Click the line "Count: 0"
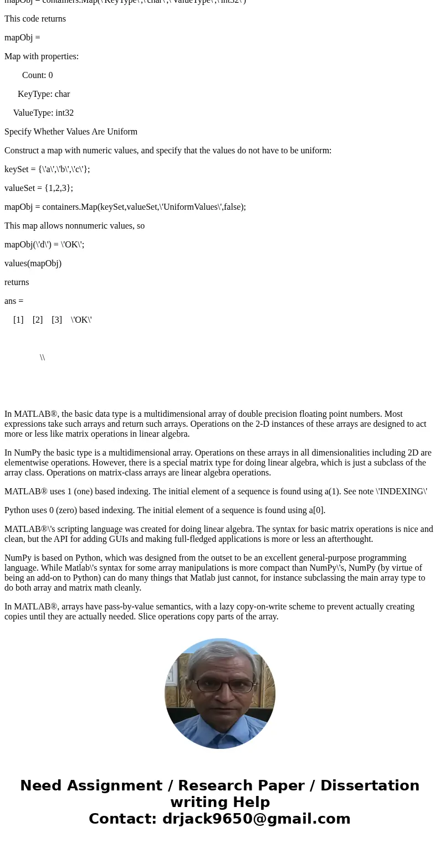point(37,75)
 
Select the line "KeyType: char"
point(43,94)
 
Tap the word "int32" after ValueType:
point(64,113)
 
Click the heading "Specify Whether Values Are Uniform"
point(71,132)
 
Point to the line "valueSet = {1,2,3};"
point(39,188)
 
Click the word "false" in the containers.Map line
point(232,207)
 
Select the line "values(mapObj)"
point(33,263)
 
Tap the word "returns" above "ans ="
point(17,282)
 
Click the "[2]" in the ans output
point(38,320)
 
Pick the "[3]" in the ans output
point(57,320)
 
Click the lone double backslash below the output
point(42,358)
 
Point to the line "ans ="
point(14,301)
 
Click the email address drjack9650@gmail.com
point(256,819)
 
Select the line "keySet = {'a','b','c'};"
point(47,169)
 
